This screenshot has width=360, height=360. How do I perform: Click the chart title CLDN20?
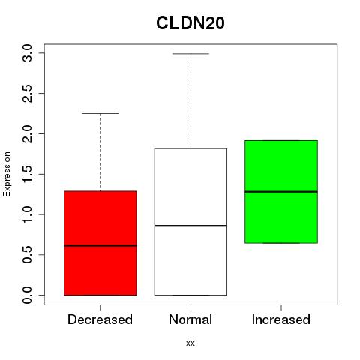pyautogui.click(x=190, y=23)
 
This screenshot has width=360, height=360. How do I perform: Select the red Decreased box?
pyautogui.click(x=100, y=243)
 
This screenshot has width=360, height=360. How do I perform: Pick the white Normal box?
pyautogui.click(x=190, y=222)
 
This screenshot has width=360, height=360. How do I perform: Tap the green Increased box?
pyautogui.click(x=281, y=192)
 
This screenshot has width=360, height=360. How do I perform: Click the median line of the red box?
pyautogui.click(x=100, y=245)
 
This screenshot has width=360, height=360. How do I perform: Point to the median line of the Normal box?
pyautogui.click(x=190, y=226)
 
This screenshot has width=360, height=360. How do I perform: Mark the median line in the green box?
pyautogui.click(x=281, y=192)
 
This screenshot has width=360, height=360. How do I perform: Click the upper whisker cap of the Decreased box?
pyautogui.click(x=100, y=113)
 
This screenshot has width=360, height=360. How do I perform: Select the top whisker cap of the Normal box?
pyautogui.click(x=190, y=53)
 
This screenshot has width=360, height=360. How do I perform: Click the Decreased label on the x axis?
pyautogui.click(x=100, y=319)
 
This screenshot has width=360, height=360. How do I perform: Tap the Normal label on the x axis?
pyautogui.click(x=190, y=319)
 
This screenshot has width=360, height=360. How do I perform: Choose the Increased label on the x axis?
pyautogui.click(x=281, y=319)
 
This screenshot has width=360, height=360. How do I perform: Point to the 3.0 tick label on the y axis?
pyautogui.click(x=27, y=53)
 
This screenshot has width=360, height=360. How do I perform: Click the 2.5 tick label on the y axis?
pyautogui.click(x=27, y=94)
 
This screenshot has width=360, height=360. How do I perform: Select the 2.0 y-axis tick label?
pyautogui.click(x=27, y=133)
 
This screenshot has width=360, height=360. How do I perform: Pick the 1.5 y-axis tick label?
pyautogui.click(x=27, y=174)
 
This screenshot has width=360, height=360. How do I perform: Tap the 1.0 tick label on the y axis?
pyautogui.click(x=27, y=214)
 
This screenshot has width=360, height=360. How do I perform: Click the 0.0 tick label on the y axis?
pyautogui.click(x=27, y=295)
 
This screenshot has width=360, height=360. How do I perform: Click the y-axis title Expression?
pyautogui.click(x=7, y=174)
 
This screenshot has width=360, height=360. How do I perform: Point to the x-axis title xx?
pyautogui.click(x=190, y=343)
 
